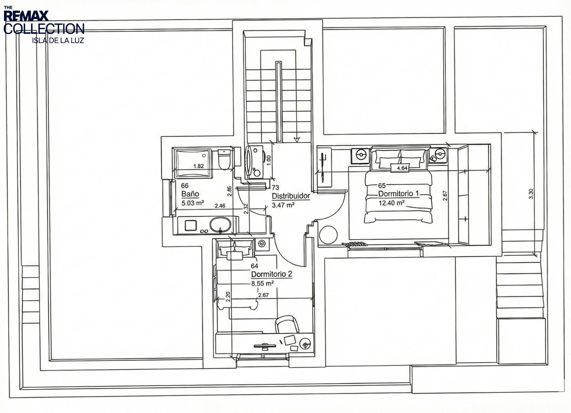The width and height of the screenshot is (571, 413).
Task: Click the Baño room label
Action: pos(190,194)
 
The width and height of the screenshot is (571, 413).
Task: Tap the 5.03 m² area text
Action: pos(193,203)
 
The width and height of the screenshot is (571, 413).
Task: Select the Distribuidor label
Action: pos(291,196)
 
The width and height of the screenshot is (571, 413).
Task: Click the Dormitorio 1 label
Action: pos(398,194)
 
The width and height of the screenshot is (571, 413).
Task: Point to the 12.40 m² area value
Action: pos(391,203)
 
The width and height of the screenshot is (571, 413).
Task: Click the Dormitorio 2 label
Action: pos(272,274)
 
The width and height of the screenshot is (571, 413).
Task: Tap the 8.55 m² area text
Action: pos(262,283)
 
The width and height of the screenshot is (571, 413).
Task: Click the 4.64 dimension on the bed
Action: pos(402,168)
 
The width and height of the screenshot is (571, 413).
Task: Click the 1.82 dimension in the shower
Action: pos(198,166)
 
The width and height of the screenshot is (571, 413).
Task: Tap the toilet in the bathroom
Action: pos(224,160)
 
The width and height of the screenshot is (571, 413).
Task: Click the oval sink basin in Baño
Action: pos(220,224)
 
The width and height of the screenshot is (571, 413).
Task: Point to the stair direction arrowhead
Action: pos(296,139)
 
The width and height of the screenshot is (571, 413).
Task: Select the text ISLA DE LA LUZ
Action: pos(58,41)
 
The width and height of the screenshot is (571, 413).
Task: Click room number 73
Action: pos(275,187)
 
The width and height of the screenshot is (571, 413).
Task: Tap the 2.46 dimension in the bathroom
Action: pos(220,206)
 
